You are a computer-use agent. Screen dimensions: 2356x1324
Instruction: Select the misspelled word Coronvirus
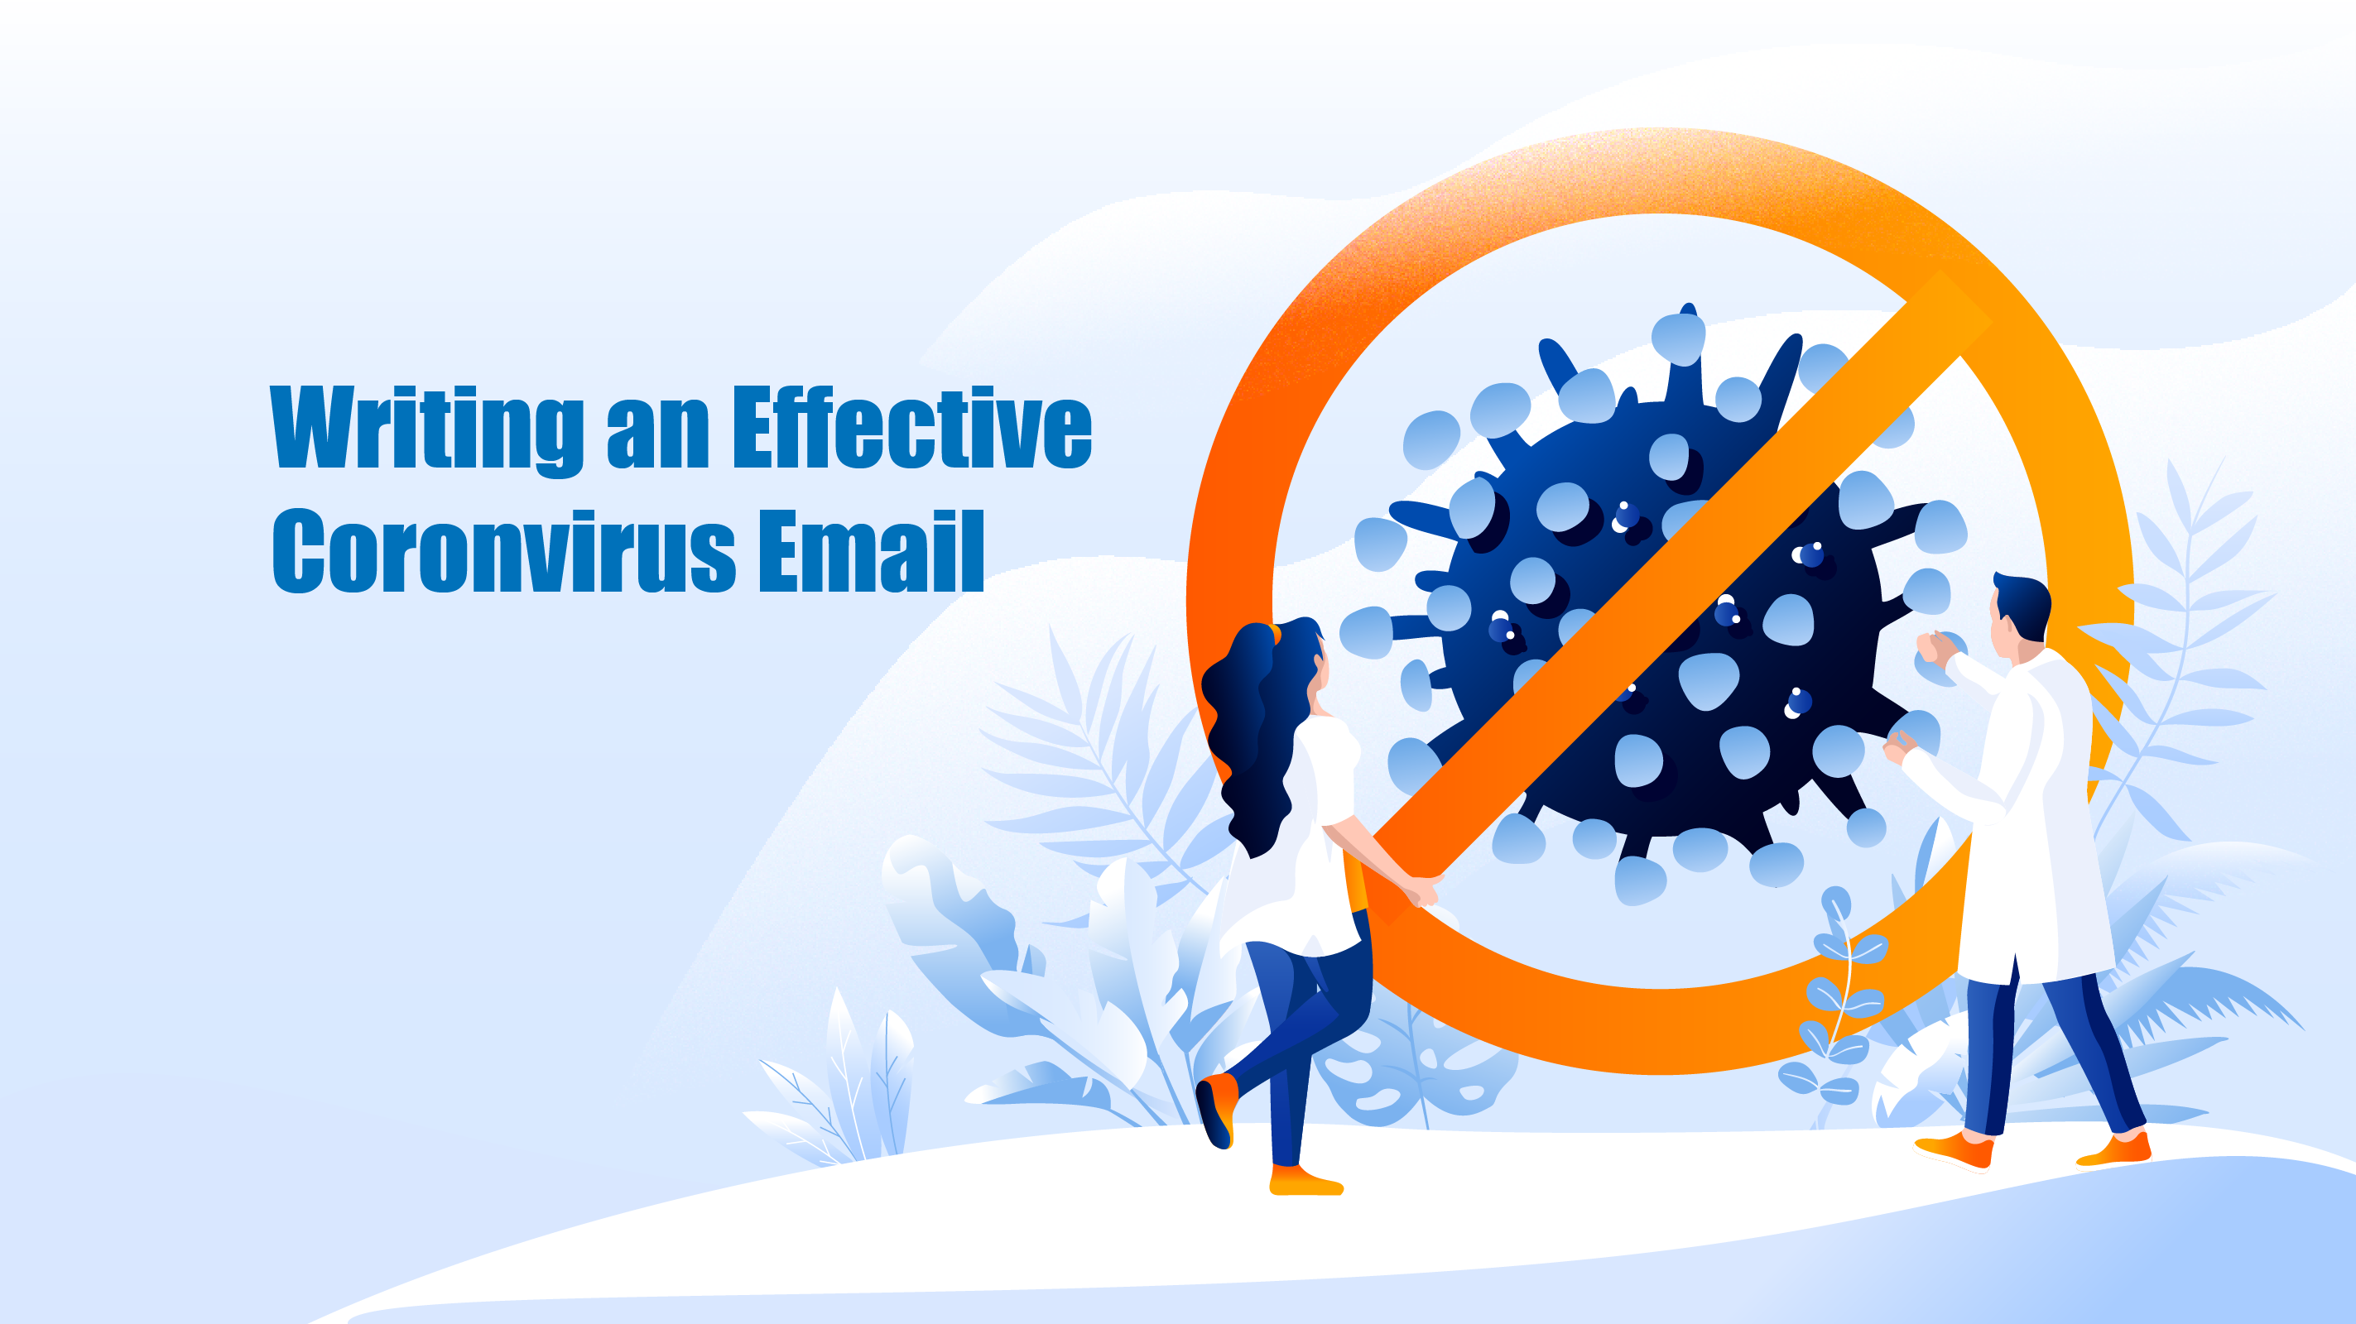coord(504,550)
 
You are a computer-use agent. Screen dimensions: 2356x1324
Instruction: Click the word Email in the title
coord(871,550)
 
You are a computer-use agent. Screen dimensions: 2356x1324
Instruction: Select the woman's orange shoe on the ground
coord(1306,1182)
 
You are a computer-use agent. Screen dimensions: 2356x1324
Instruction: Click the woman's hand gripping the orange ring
coord(1421,890)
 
